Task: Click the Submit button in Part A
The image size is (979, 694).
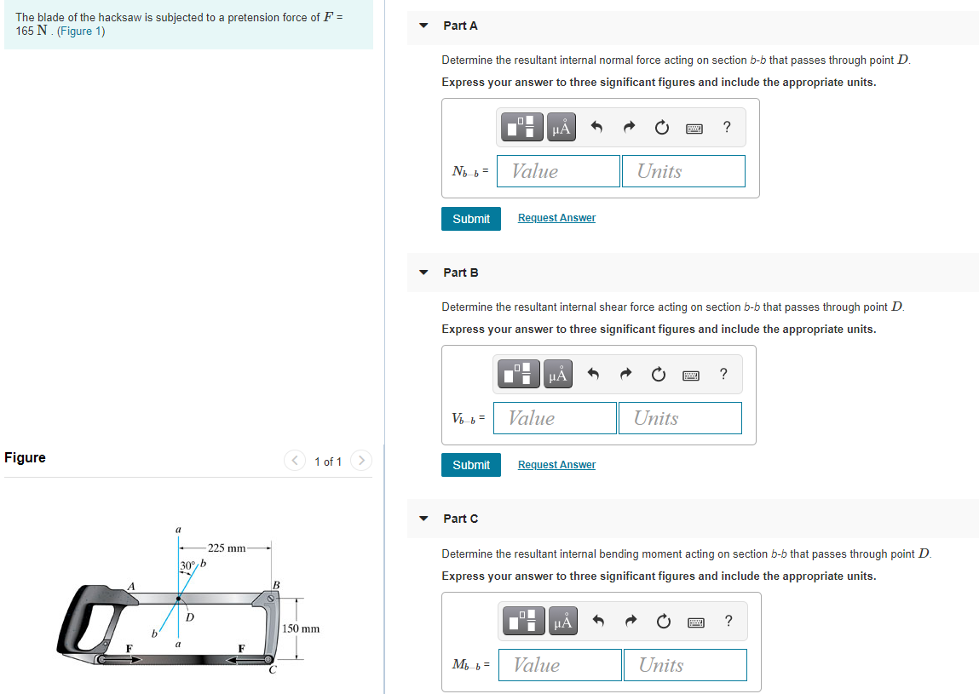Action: pyautogui.click(x=471, y=219)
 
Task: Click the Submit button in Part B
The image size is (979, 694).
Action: pyautogui.click(x=471, y=465)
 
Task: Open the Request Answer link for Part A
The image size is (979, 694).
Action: pyautogui.click(x=556, y=218)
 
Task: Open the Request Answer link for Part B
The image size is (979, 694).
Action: pyautogui.click(x=556, y=465)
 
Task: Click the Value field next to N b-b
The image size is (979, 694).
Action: pyautogui.click(x=558, y=171)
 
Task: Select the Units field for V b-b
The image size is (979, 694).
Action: pyautogui.click(x=679, y=418)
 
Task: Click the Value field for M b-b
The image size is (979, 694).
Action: pyautogui.click(x=560, y=665)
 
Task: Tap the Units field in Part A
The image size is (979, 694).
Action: pyautogui.click(x=682, y=171)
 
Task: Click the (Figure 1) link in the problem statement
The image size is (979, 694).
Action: pyautogui.click(x=81, y=32)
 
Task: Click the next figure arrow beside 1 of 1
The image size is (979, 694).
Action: pyautogui.click(x=361, y=461)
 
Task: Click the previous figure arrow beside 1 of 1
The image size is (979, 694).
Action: pyautogui.click(x=295, y=461)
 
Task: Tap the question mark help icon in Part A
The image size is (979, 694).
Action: pyautogui.click(x=726, y=128)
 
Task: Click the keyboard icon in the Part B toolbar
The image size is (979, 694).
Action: pyautogui.click(x=691, y=375)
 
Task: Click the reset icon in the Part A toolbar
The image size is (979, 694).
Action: pyautogui.click(x=661, y=128)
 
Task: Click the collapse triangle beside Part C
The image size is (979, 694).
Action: pyautogui.click(x=423, y=519)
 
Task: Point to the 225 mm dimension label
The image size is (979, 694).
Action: pyautogui.click(x=226, y=548)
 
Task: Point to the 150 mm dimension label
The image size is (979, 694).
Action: pyautogui.click(x=301, y=628)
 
